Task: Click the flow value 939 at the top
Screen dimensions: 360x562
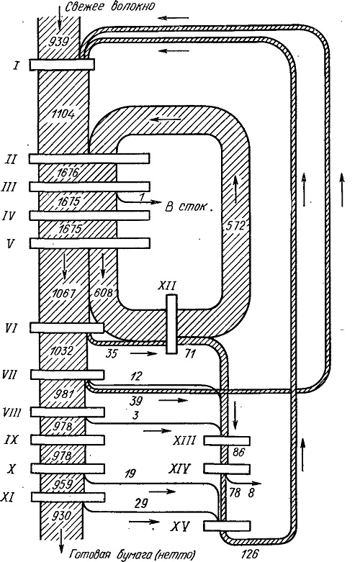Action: [x=58, y=42]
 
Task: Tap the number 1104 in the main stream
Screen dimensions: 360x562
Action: [x=63, y=114]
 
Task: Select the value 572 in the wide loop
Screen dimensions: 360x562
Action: [x=235, y=226]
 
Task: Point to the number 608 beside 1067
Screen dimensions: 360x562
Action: [x=102, y=292]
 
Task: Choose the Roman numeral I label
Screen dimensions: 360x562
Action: [x=16, y=65]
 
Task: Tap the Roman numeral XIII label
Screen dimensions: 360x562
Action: [x=184, y=440]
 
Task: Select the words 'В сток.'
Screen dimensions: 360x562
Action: [x=189, y=207]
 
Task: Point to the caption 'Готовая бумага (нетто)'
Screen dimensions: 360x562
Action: [x=132, y=554]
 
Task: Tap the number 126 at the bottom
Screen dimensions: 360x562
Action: [x=250, y=553]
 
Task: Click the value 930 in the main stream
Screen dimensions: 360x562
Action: [x=63, y=516]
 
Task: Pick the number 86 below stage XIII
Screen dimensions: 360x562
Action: [x=238, y=453]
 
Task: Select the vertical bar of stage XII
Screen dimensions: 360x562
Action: [x=171, y=324]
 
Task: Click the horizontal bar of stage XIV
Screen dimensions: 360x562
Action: [x=227, y=468]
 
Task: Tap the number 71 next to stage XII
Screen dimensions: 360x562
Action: [x=189, y=354]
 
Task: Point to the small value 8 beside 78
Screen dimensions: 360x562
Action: [x=251, y=493]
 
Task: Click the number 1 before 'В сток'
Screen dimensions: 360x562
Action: [x=141, y=197]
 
